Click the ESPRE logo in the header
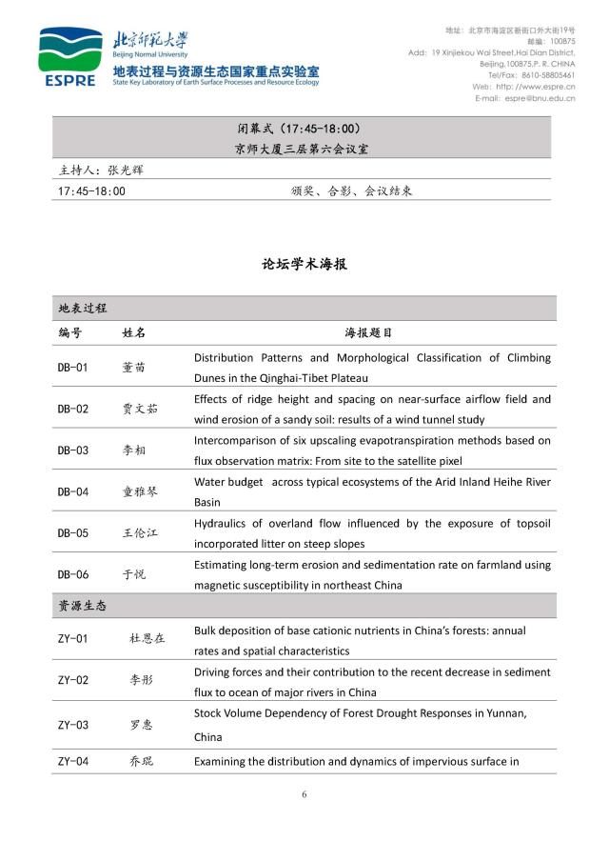tap(69, 58)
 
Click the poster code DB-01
tap(72, 367)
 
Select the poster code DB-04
tap(72, 491)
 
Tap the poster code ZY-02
tap(72, 679)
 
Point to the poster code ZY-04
tap(72, 761)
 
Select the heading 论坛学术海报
tap(304, 264)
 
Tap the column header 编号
tap(69, 333)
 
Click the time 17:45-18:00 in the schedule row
tap(91, 190)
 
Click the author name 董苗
tap(134, 367)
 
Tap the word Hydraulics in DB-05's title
tap(222, 524)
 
